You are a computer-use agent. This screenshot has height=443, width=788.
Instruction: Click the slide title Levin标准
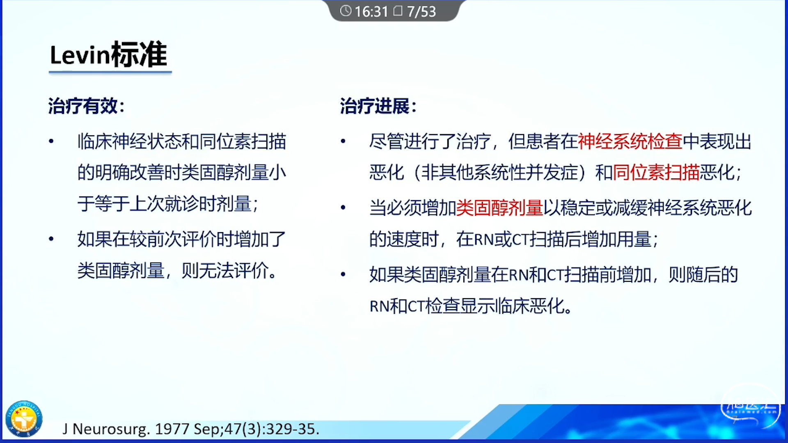point(108,55)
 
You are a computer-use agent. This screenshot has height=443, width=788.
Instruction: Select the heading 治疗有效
point(83,106)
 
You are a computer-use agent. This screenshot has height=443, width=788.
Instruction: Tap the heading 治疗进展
point(375,106)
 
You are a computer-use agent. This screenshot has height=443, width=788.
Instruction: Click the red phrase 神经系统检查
point(630,142)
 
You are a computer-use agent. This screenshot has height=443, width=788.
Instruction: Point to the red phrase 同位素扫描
point(656,172)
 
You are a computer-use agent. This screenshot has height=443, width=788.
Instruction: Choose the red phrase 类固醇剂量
point(499,208)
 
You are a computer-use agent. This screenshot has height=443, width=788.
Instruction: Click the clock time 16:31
point(371,11)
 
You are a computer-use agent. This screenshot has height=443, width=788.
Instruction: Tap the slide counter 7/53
point(421,11)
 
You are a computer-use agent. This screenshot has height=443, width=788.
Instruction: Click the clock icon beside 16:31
point(346,11)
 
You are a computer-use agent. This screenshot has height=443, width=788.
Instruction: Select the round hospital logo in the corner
point(24,419)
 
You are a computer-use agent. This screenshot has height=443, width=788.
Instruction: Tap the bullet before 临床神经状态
point(51,142)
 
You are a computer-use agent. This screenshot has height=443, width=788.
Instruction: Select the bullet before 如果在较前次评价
point(51,239)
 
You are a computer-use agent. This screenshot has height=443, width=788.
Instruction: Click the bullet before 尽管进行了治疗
point(343,142)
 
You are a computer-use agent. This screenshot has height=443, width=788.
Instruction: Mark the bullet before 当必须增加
point(343,208)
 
